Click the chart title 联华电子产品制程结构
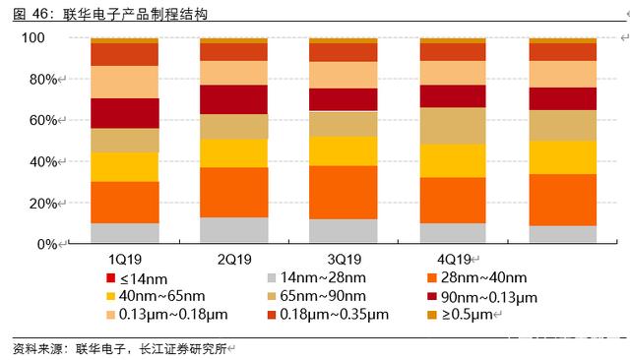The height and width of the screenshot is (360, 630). point(135,14)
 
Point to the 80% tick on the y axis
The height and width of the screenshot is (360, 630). point(43,80)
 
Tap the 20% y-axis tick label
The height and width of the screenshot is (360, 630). point(43,204)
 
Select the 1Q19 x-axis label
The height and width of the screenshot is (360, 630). point(125,260)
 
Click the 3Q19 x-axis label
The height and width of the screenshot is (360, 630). point(345,260)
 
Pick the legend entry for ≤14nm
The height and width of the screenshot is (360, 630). point(137,278)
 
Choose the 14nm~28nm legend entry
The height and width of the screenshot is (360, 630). point(317,277)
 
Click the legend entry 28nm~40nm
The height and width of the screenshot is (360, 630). point(477,277)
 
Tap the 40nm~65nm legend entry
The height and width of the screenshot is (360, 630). point(156,296)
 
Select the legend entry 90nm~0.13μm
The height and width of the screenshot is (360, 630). point(482,297)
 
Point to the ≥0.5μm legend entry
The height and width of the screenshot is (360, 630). point(461,315)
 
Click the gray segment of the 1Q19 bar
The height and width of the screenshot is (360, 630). point(125,233)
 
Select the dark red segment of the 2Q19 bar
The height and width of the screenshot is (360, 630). point(234,99)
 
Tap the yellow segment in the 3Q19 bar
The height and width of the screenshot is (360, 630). point(344,151)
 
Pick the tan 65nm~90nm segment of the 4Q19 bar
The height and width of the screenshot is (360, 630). point(453,126)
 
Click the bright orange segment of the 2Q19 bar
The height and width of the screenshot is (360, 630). point(234,193)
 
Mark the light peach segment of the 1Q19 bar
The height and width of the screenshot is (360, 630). point(125,83)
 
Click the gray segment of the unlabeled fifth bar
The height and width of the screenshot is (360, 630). point(562,234)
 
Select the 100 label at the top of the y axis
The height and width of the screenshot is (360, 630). point(32,37)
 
